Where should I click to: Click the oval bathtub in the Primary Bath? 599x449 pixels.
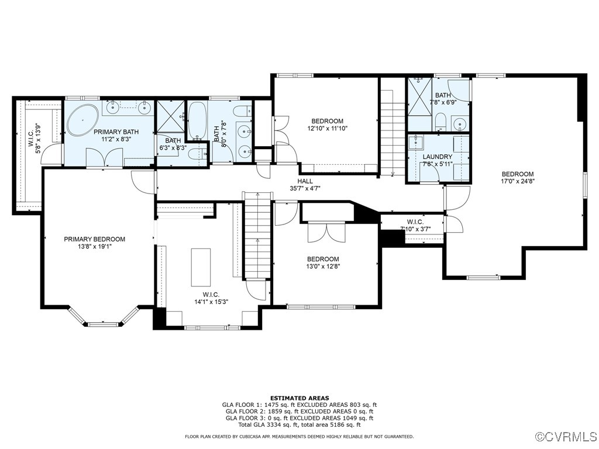coord(83,120)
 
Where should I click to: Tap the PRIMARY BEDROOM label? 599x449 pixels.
coord(95,243)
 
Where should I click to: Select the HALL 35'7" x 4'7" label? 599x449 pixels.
coord(305,185)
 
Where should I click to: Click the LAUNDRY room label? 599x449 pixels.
coord(438,160)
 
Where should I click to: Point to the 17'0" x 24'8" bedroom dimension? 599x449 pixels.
coord(518,181)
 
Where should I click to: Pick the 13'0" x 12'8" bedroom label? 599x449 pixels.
coord(323,263)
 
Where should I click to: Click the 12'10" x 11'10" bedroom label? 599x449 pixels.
coord(327,125)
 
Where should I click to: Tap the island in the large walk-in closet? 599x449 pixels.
coord(201,267)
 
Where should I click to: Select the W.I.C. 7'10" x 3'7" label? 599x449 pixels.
coord(415,225)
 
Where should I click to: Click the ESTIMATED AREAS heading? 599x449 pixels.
coord(299,398)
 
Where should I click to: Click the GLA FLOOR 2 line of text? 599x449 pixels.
coord(299,412)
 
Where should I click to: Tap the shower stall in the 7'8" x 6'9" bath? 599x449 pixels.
coord(419,96)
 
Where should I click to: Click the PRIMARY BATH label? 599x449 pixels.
coord(115,136)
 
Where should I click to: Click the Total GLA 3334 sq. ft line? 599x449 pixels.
coord(299,425)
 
